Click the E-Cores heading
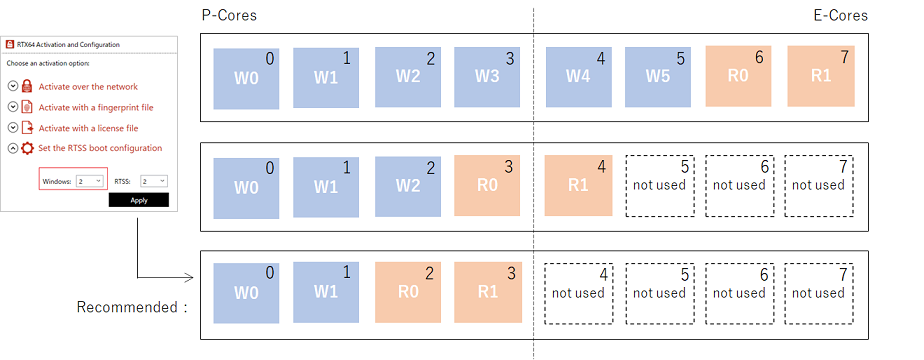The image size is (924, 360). pos(839,15)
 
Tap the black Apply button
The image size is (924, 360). pos(138,200)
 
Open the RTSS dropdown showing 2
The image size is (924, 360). pos(153,181)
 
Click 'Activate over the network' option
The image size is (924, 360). pos(87,87)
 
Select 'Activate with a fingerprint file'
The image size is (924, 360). pos(95,107)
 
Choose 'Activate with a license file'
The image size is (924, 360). pos(88,128)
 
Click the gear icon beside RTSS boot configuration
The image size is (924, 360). pos(28,148)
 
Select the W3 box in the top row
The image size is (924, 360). pos(488,76)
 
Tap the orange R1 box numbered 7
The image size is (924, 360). pos(821,76)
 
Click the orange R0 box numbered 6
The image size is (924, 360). pos(739,76)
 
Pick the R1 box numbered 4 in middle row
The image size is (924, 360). pos(578,184)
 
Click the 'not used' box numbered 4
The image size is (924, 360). pos(578,293)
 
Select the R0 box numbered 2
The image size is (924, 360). pos(408,293)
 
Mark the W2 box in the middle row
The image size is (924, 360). pos(408,184)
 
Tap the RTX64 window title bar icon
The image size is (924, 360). pos(10,44)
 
